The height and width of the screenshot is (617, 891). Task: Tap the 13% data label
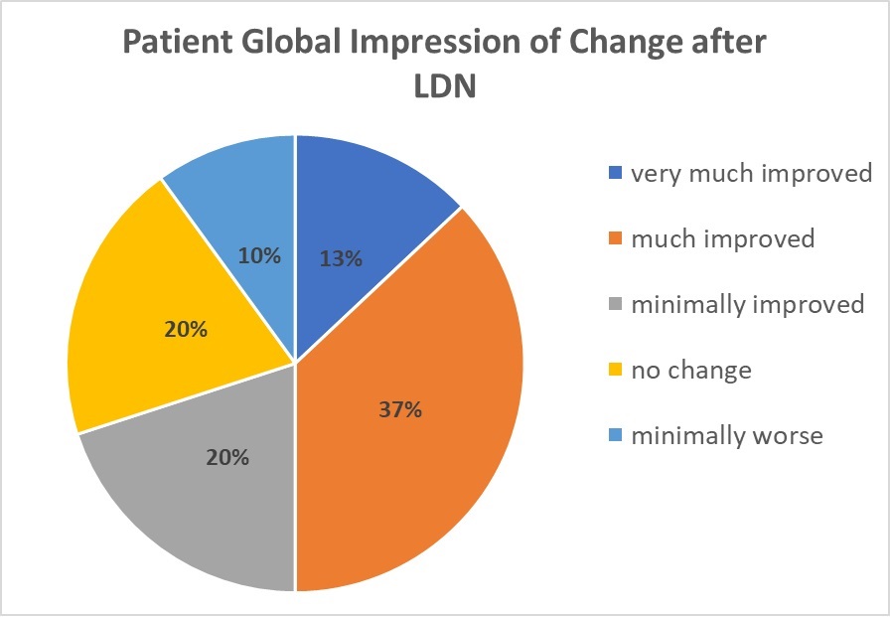click(x=341, y=258)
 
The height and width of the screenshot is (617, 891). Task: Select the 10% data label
click(x=260, y=255)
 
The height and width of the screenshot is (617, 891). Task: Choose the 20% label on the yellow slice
click(x=186, y=330)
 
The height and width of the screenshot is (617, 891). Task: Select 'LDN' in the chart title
click(x=445, y=88)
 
